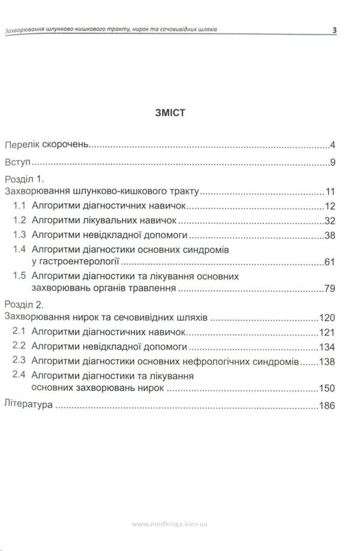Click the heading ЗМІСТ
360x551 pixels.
coord(180,114)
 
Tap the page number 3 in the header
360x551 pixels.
coord(334,30)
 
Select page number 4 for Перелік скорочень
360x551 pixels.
coord(334,145)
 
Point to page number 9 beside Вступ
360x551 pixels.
coord(334,163)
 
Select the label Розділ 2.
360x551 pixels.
coord(24,305)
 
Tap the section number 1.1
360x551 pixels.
coord(20,206)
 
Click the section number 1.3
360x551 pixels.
coord(20,235)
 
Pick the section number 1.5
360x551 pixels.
coord(20,276)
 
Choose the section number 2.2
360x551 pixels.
coord(20,346)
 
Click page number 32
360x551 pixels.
coord(330,221)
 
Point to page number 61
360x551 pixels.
coord(330,261)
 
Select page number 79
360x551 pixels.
coord(330,288)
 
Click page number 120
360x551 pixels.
coord(328,317)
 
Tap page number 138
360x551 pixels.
coord(328,361)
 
